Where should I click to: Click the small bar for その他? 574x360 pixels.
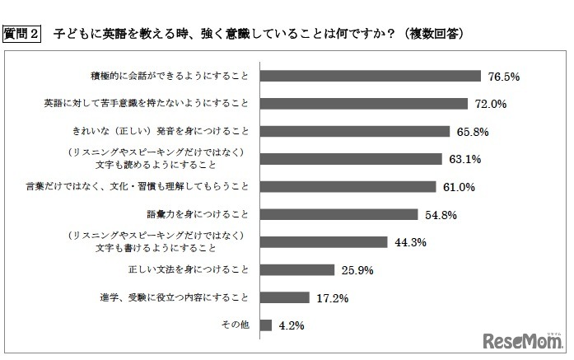pos(265,325)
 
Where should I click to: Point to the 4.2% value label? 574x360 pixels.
pos(292,325)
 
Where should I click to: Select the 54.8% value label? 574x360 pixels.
pos(441,215)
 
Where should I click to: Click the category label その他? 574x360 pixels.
pos(238,325)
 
